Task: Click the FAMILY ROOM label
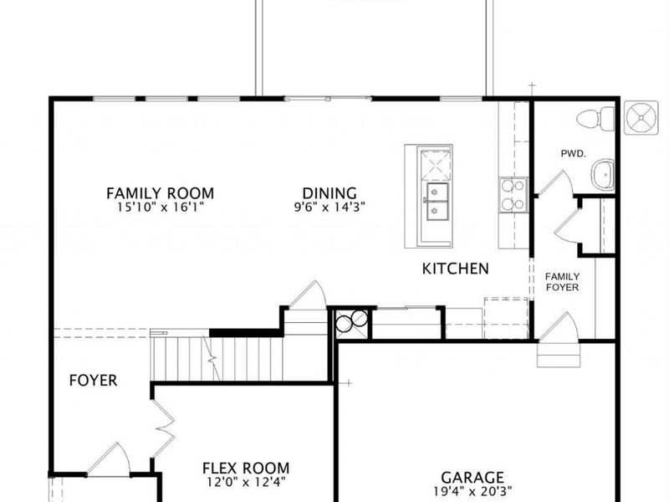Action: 160,193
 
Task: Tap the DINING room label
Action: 329,193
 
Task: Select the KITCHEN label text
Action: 455,269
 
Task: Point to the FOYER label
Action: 93,381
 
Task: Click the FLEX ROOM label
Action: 246,469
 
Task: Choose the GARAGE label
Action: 472,477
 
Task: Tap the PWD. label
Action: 573,154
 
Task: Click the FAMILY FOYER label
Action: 562,282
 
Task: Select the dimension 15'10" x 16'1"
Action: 161,207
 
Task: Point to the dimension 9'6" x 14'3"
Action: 329,207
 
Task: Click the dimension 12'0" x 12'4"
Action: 246,483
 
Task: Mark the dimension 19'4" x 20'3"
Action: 472,491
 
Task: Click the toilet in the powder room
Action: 595,119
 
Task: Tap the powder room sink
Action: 602,174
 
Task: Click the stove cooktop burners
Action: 513,195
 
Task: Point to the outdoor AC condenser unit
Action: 641,117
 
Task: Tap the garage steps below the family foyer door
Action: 559,355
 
